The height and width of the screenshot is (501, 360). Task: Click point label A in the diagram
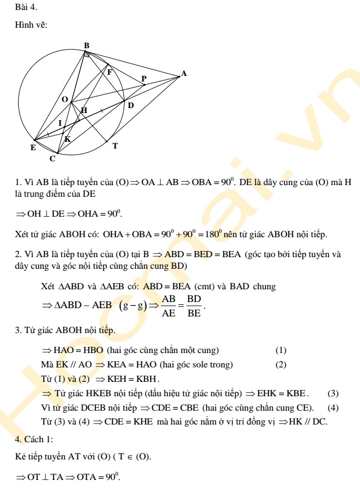184,73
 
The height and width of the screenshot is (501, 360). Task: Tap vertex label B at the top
86,45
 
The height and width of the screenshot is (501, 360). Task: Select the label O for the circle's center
65,99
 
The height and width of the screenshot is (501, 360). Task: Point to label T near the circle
115,146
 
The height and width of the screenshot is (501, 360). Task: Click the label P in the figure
144,79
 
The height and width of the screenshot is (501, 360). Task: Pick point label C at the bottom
52,159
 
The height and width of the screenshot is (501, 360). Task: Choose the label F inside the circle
110,71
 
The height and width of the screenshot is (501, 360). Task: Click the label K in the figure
68,139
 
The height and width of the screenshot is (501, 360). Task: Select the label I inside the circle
60,123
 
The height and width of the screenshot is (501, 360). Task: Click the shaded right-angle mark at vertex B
87,55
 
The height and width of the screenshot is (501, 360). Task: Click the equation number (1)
281,350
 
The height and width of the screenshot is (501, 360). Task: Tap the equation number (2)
281,364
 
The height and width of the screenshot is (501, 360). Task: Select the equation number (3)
333,393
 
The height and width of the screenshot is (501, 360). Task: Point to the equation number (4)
333,408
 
